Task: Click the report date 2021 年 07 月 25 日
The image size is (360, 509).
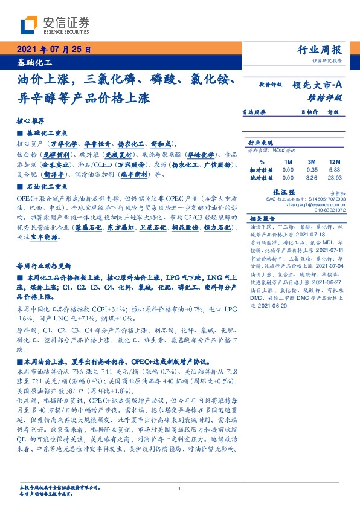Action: (x=53, y=50)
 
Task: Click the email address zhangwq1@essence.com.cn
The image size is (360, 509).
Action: (x=313, y=204)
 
